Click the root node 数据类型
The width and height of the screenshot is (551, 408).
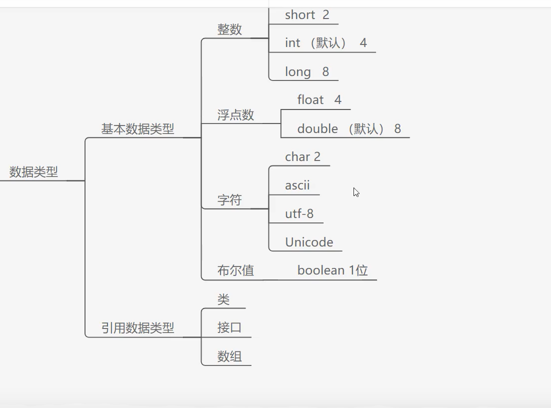coord(33,172)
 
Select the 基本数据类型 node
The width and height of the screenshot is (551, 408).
coord(137,129)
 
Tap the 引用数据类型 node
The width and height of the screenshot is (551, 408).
coord(137,328)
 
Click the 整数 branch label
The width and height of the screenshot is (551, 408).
coord(229,29)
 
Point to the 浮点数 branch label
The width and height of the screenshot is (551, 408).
coord(235,115)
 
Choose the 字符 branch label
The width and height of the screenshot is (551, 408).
coord(229,200)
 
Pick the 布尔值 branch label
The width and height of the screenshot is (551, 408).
coord(235,270)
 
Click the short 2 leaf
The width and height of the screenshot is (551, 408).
coord(307,15)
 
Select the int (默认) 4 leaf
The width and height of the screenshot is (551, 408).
coord(325,43)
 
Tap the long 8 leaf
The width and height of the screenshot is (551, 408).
coord(307,72)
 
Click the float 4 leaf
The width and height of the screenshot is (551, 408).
coord(319,100)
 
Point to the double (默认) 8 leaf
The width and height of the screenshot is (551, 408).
coord(348,129)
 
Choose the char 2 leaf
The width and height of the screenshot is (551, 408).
coord(302,157)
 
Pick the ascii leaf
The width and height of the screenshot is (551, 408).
coord(297,185)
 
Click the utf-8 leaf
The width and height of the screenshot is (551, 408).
coord(299,214)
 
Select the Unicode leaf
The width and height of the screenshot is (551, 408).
coord(309,242)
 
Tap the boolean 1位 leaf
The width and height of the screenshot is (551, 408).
coord(332,270)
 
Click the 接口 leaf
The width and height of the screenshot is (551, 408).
coord(229,328)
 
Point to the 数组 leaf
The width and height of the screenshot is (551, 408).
coord(229,356)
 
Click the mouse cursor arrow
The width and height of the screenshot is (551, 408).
coord(356,192)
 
